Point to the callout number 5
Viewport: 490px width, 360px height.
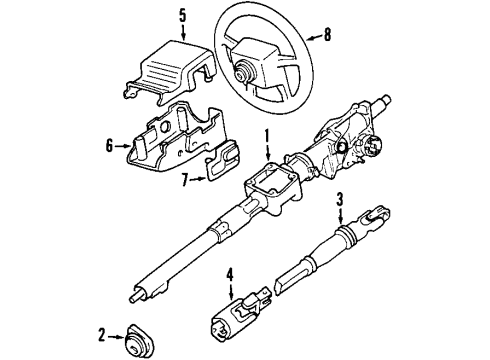(x=182, y=16)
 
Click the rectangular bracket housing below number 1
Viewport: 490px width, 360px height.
(x=276, y=186)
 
